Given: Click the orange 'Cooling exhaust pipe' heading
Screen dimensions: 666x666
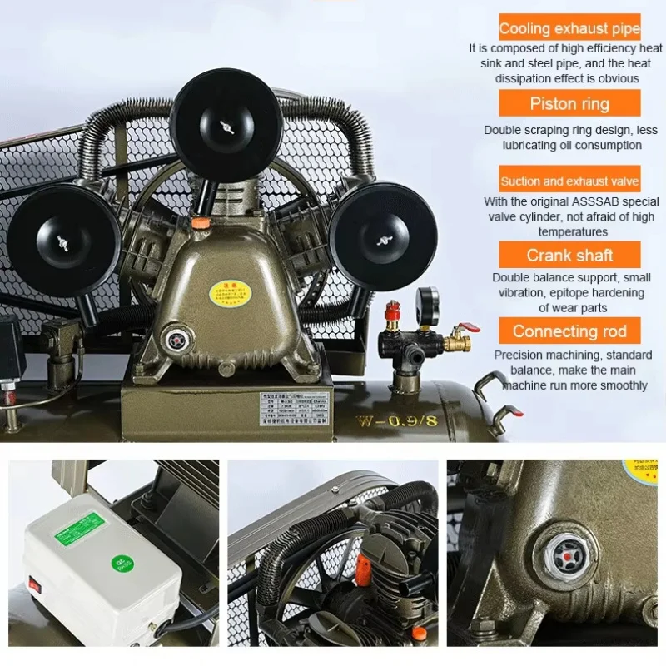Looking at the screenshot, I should (569, 29).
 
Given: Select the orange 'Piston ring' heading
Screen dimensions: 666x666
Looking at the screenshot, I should (569, 104).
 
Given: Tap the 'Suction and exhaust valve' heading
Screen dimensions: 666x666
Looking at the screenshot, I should (569, 181).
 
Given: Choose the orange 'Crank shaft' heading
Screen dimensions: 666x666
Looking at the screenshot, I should (569, 256).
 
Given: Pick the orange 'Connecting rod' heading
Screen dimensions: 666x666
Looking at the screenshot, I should (569, 331).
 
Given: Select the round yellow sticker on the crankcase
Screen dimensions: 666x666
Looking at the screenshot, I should (219, 293).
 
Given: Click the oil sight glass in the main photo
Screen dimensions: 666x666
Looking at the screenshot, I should (177, 340).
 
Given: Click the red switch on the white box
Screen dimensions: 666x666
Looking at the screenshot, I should (35, 584).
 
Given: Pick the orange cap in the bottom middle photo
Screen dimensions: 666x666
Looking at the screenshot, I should (363, 569).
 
